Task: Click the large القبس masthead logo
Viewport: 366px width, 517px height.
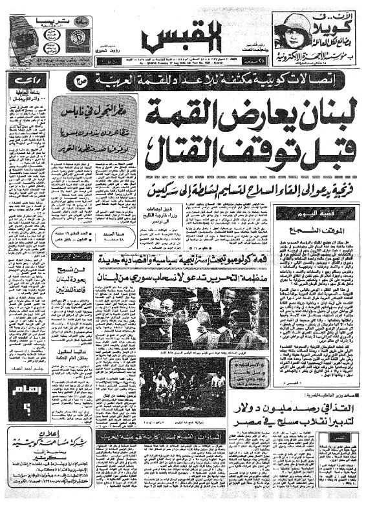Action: point(182,38)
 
